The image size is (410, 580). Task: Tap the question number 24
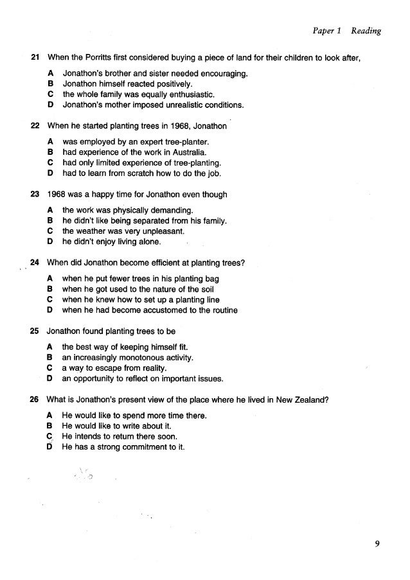(35, 262)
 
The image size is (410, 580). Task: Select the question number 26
(35, 399)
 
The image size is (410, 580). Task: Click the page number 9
(378, 545)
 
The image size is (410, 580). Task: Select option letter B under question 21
(50, 83)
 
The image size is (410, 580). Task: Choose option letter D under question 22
(50, 173)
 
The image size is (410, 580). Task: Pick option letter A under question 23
(50, 210)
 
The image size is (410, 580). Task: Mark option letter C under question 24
(50, 299)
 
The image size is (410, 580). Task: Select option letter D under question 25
(50, 378)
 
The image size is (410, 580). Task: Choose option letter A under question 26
(50, 415)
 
